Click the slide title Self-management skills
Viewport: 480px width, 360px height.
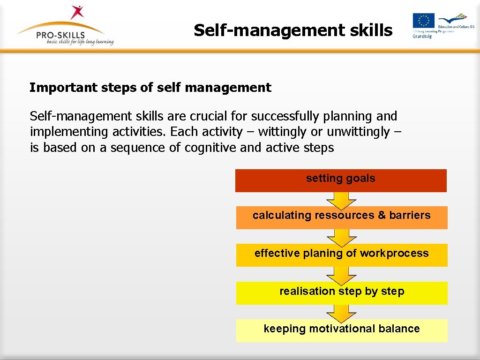293,30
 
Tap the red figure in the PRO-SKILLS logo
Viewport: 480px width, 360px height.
77,12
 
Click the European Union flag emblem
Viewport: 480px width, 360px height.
423,21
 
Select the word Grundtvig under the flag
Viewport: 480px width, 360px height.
422,36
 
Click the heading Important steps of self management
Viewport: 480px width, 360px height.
150,88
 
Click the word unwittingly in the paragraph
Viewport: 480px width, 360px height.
358,132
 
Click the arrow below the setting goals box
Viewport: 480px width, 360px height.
341,200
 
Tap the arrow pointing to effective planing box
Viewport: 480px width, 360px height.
341,238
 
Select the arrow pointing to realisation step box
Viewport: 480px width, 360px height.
341,275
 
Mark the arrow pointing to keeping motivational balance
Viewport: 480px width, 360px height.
341,313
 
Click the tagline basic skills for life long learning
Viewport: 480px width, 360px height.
80,42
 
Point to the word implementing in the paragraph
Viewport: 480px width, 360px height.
69,132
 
